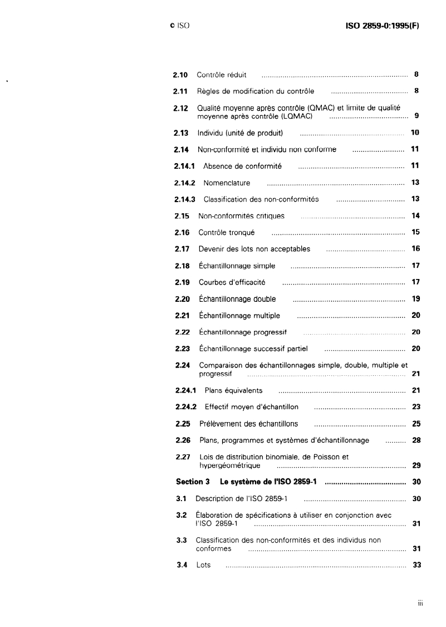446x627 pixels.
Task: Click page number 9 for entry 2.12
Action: (416, 116)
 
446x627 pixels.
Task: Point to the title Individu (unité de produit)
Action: (241, 133)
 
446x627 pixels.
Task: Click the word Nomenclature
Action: (227, 183)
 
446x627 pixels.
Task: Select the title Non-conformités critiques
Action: (241, 215)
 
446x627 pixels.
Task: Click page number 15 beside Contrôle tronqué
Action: (415, 232)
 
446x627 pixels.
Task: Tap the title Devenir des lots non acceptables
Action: (254, 249)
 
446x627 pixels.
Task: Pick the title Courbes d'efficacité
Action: (232, 282)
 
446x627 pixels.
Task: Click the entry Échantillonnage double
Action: (237, 299)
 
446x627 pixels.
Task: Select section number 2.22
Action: (182, 332)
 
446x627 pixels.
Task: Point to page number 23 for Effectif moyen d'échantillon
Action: (415, 406)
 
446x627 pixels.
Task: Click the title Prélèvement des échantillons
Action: (248, 424)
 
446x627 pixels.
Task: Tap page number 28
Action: (415, 440)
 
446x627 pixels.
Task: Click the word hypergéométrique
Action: (229, 465)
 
